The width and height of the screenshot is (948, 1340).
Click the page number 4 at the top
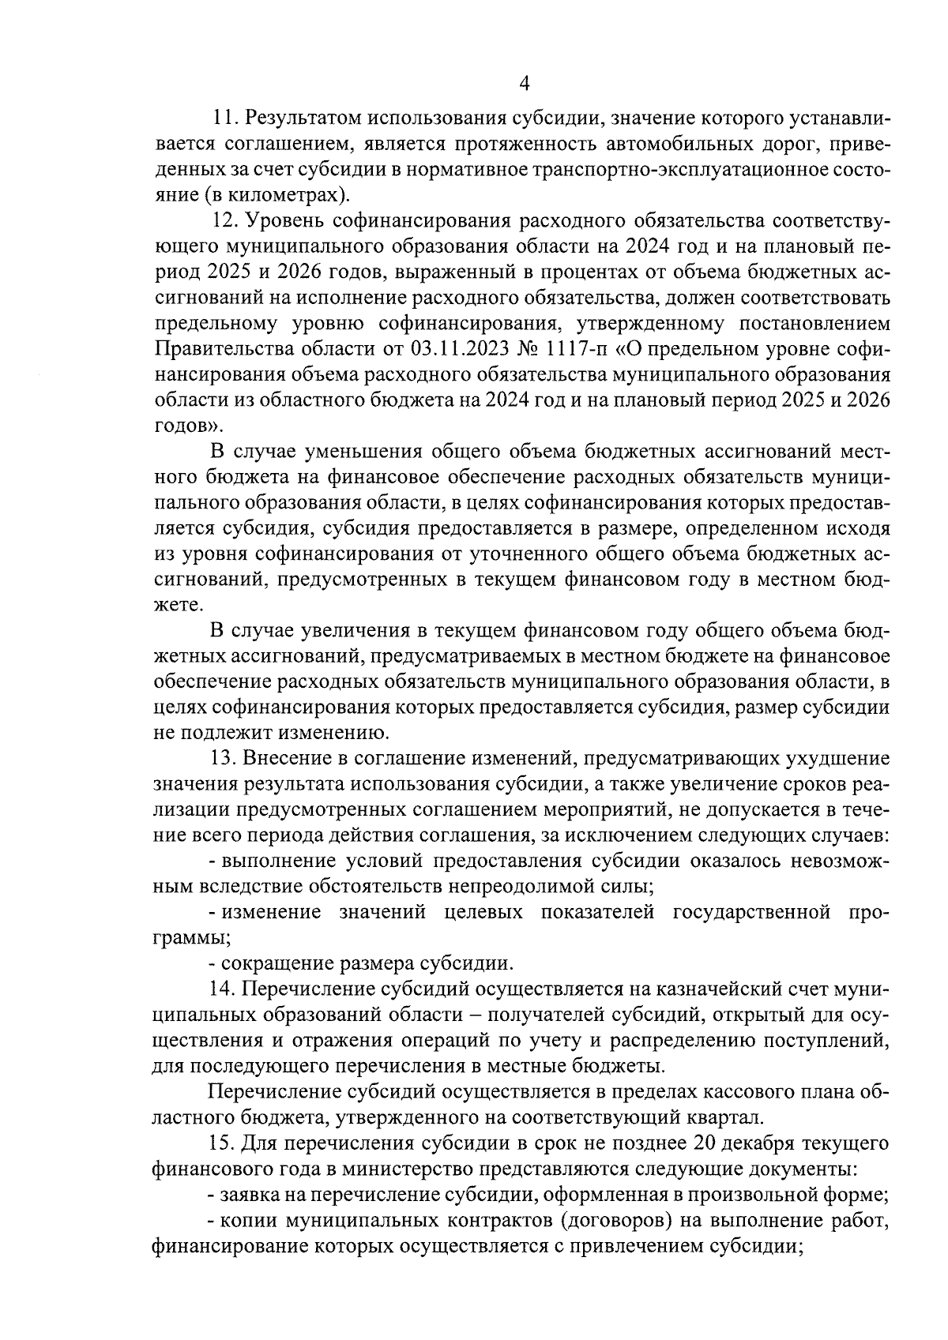[x=525, y=83]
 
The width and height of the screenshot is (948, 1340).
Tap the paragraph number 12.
[x=226, y=220]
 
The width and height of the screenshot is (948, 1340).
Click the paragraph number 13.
[x=226, y=759]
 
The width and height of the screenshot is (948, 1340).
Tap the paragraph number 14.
[x=226, y=989]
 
